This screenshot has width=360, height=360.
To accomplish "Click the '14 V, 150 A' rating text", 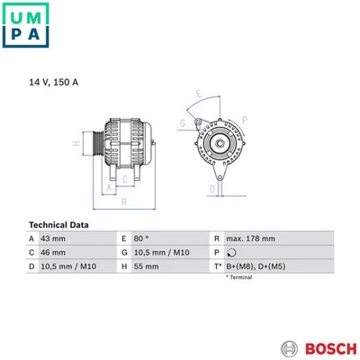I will tap(54, 82).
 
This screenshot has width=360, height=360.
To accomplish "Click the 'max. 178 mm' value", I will tap(251, 238).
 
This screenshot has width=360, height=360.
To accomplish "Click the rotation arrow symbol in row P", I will tap(230, 253).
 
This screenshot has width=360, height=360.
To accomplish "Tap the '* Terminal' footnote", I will tap(240, 278).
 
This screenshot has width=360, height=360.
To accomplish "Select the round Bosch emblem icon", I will tap(288, 347).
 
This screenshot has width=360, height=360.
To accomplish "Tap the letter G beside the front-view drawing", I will tap(183, 122).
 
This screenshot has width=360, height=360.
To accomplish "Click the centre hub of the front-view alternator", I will tap(218, 142).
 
